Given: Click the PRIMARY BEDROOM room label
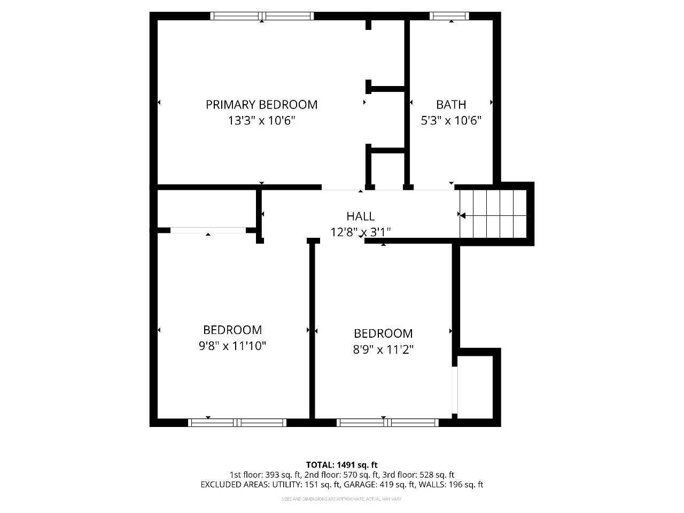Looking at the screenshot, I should pyautogui.click(x=261, y=105).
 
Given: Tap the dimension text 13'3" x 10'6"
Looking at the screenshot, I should pyautogui.click(x=261, y=121).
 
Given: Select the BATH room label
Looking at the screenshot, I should pyautogui.click(x=451, y=105).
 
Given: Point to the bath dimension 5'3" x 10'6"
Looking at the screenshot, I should pyautogui.click(x=451, y=121).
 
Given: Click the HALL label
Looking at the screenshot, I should pyautogui.click(x=361, y=216).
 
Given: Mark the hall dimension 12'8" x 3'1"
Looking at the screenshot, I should pyautogui.click(x=361, y=232).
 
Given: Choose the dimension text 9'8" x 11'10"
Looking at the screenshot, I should pyautogui.click(x=232, y=346).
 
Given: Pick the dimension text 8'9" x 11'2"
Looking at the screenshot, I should pyautogui.click(x=383, y=350).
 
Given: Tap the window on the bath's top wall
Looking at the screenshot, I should pyautogui.click(x=449, y=16).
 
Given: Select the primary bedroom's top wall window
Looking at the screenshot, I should pyautogui.click(x=262, y=16).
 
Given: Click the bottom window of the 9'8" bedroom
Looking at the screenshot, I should pyautogui.click(x=237, y=423).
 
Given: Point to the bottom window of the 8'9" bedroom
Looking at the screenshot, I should pyautogui.click(x=387, y=423).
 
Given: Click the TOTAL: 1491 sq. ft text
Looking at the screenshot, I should pyautogui.click(x=341, y=465).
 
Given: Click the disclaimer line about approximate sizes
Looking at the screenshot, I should pyautogui.click(x=341, y=499).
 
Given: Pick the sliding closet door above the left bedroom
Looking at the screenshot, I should pyautogui.click(x=208, y=230).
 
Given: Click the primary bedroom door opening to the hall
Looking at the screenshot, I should pyautogui.click(x=342, y=188).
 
